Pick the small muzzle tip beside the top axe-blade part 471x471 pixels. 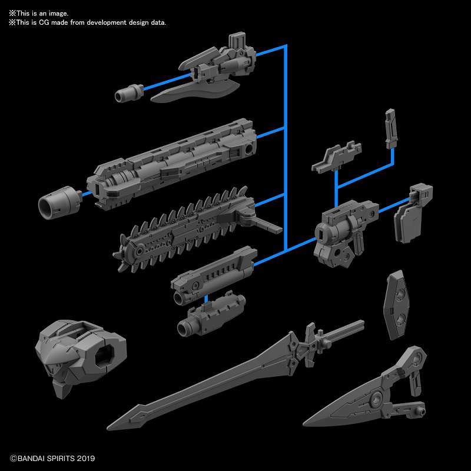[130, 92]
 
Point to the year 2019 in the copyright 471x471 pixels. [85, 458]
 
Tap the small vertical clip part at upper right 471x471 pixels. [390, 128]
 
